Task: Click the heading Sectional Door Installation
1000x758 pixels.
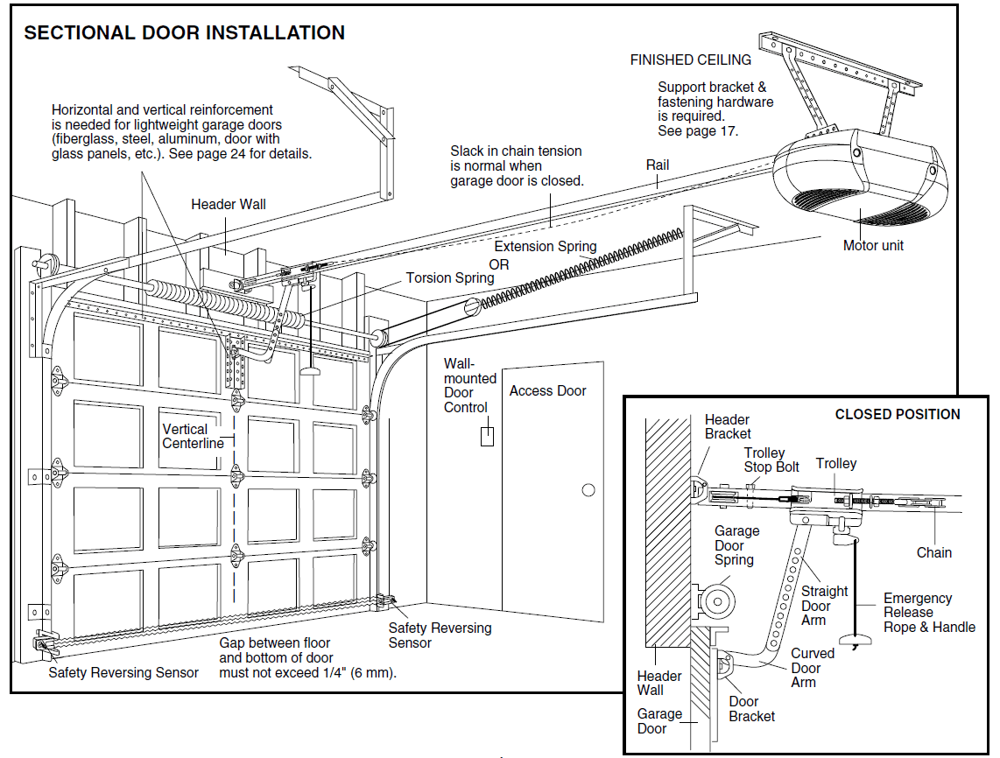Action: [x=184, y=33]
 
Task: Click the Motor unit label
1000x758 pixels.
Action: [x=872, y=246]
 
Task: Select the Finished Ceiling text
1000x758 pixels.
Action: [x=690, y=60]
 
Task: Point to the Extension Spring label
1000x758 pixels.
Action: [x=545, y=247]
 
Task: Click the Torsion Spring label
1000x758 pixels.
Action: [x=449, y=278]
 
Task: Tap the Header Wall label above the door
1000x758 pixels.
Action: [x=229, y=205]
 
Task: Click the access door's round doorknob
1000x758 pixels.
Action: [x=588, y=490]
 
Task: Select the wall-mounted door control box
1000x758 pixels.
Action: [x=487, y=435]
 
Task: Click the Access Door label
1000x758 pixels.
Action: [x=547, y=391]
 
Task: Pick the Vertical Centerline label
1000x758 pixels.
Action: [x=193, y=436]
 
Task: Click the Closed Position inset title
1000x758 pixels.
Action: [x=897, y=415]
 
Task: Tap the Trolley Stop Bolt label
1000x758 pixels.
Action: [x=771, y=460]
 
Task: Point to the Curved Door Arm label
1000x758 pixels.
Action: [x=812, y=668]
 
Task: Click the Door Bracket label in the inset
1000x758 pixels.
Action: [x=751, y=709]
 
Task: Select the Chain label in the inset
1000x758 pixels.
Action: [x=933, y=552]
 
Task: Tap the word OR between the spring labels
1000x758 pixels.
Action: [x=499, y=264]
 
